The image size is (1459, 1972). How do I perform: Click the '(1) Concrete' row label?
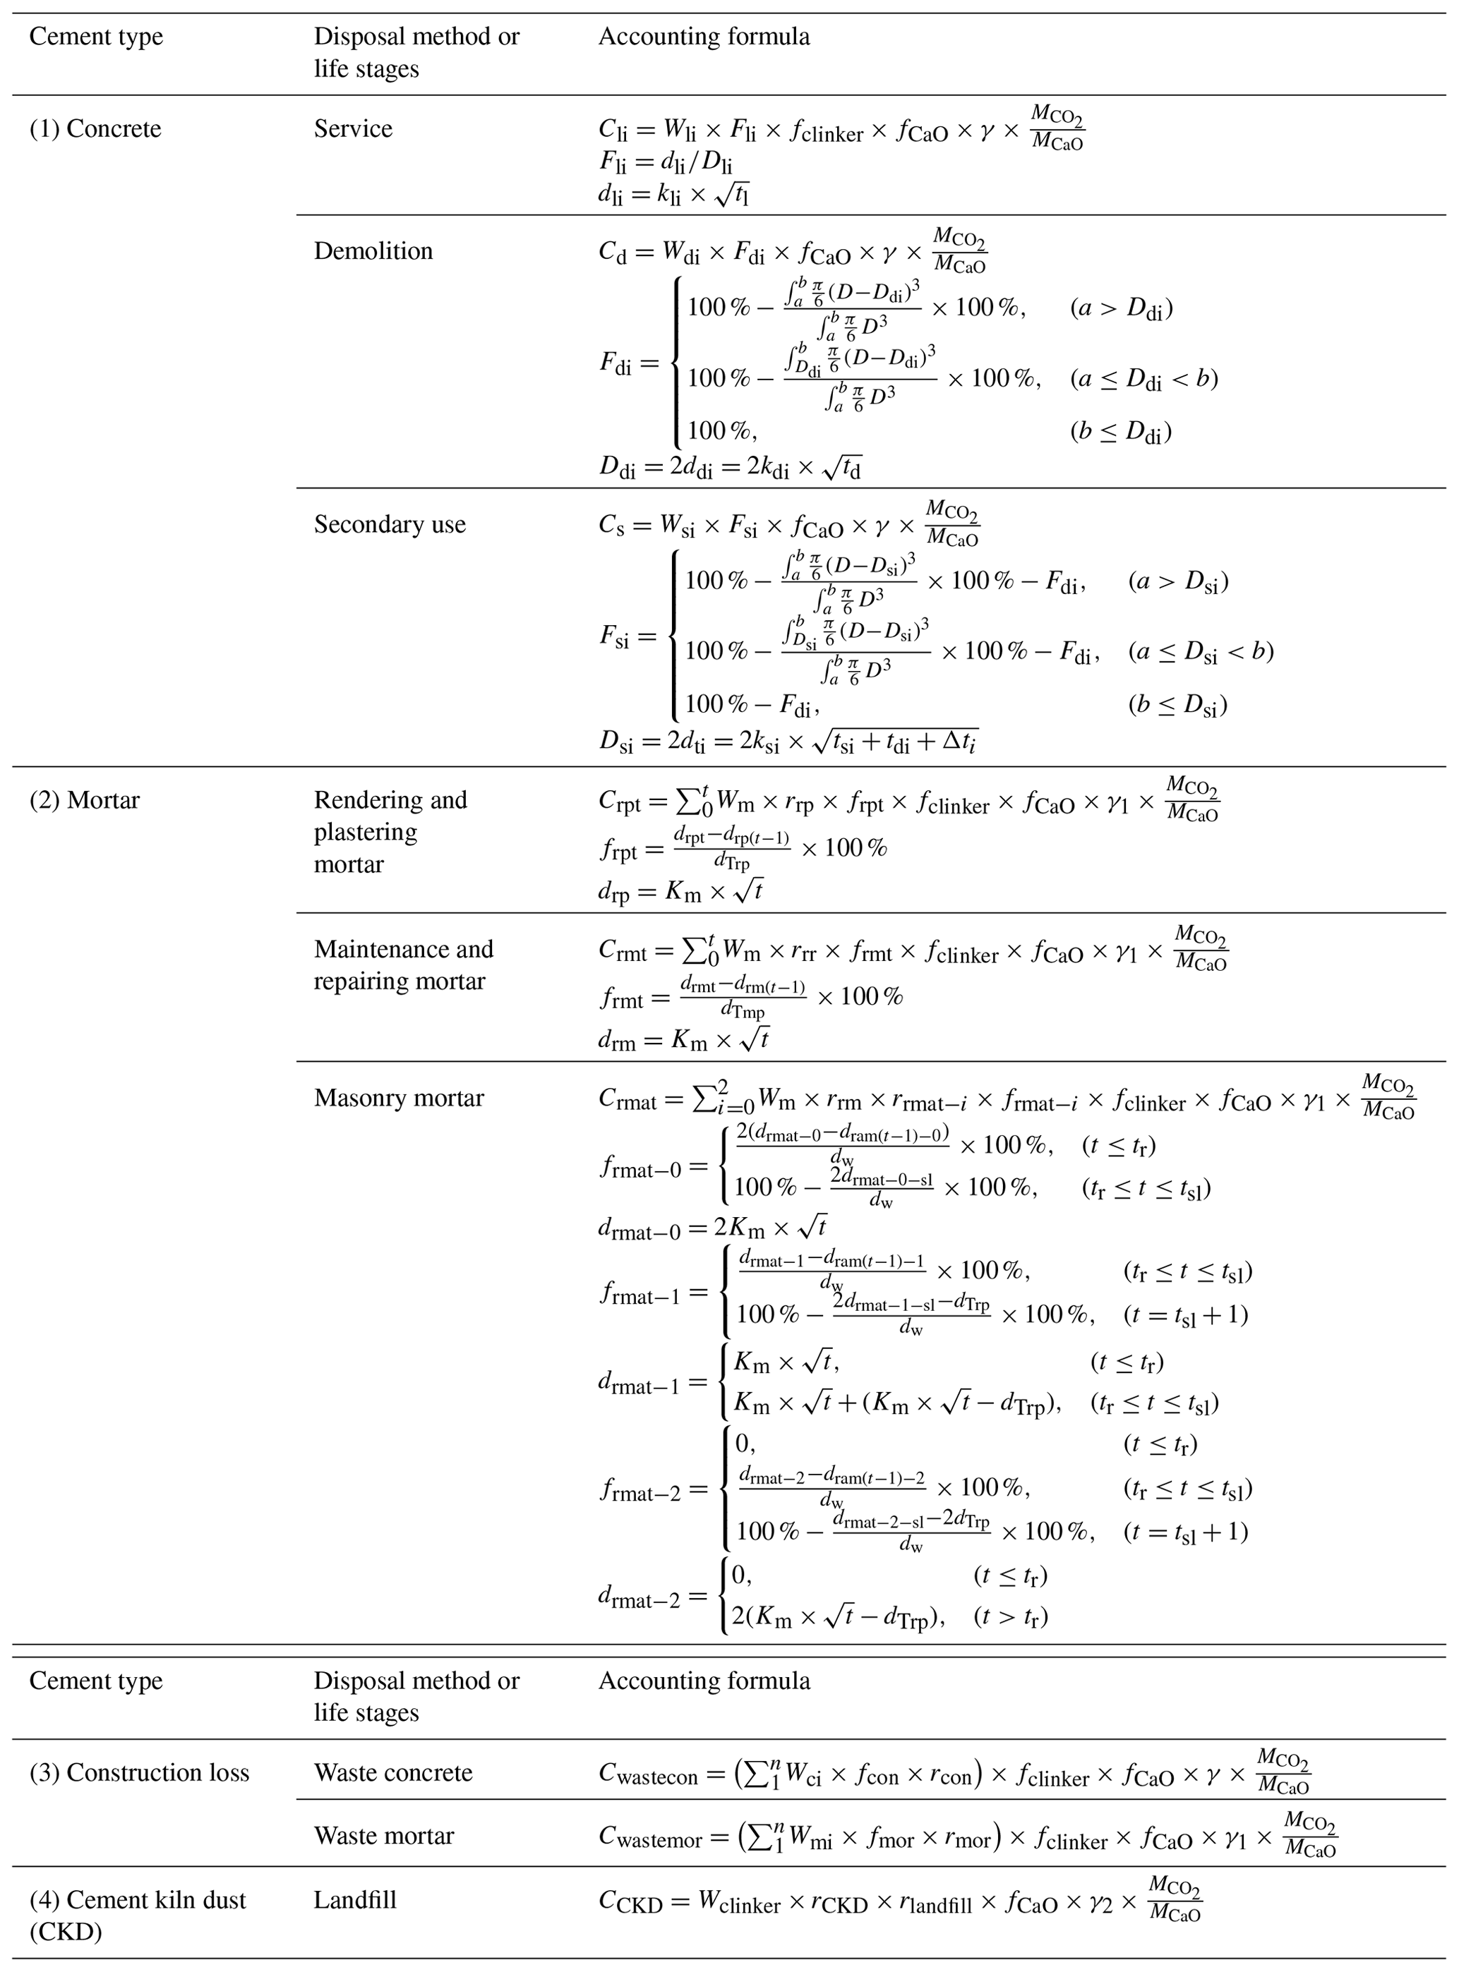click(95, 129)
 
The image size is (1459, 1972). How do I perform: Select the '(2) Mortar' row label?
click(84, 801)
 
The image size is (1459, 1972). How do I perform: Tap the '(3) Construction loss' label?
click(140, 1772)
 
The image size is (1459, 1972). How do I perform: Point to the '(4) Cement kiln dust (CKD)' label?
click(137, 1916)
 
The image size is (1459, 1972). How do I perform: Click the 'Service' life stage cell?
click(352, 129)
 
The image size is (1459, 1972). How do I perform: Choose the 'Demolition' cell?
click(373, 250)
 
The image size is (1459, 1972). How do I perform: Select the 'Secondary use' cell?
click(390, 524)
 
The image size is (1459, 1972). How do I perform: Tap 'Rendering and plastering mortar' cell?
click(390, 832)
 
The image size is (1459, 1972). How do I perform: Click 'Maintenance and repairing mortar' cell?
click(403, 964)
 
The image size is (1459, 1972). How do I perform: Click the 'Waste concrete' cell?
click(393, 1772)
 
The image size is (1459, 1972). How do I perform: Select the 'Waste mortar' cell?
click(383, 1835)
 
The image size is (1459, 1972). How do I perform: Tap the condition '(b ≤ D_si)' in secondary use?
click(1177, 704)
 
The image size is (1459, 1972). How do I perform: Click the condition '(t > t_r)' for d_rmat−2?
click(1010, 1617)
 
